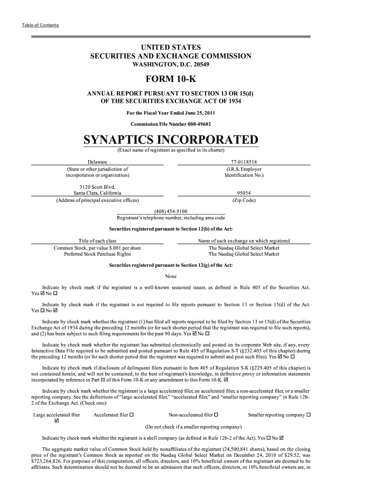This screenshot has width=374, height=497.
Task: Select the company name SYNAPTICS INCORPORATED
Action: click(170, 140)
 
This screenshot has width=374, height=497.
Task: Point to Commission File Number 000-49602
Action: click(170, 124)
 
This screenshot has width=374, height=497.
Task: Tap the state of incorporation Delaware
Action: click(97, 162)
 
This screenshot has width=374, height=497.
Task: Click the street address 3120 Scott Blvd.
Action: click(97, 186)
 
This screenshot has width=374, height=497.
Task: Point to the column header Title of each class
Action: click(97, 241)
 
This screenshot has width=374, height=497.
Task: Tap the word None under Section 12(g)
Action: click(170, 276)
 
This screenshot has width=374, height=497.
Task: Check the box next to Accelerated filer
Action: click(132, 415)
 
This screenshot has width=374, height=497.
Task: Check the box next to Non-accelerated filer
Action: click(216, 415)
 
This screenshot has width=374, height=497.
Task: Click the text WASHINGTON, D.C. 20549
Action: click(170, 65)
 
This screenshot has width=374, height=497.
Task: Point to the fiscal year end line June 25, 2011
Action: click(170, 114)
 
